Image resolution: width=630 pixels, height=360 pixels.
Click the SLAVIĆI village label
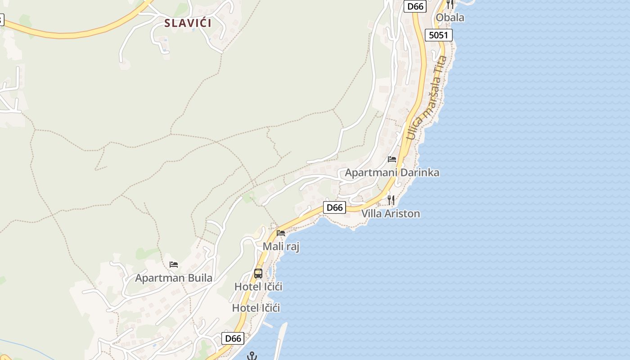coord(188,23)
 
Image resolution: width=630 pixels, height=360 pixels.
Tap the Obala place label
coord(450,18)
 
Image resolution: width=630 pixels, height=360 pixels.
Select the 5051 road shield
coord(438,35)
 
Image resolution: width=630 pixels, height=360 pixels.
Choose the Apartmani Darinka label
coord(392,173)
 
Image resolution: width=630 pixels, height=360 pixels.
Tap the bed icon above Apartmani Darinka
coord(392,159)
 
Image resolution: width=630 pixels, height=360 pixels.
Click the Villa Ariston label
coord(391,214)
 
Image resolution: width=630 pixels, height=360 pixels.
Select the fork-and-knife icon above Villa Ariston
coord(391,200)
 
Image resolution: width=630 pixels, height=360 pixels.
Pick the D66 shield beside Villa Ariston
coord(334,207)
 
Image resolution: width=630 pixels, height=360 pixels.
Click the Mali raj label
coord(281,247)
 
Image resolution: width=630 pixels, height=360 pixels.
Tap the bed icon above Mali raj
coord(281,233)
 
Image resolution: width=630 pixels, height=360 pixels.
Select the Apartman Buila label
coord(174,278)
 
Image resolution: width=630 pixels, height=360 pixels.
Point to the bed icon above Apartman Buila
coord(174,265)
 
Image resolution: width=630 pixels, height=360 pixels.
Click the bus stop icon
coord(258,273)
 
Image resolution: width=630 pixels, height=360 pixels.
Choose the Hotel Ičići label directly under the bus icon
coord(258,287)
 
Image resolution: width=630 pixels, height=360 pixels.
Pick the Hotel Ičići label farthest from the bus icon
coord(256,308)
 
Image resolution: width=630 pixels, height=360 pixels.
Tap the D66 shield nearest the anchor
coord(233,338)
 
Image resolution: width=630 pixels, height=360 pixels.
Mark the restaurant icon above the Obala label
coord(450,4)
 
